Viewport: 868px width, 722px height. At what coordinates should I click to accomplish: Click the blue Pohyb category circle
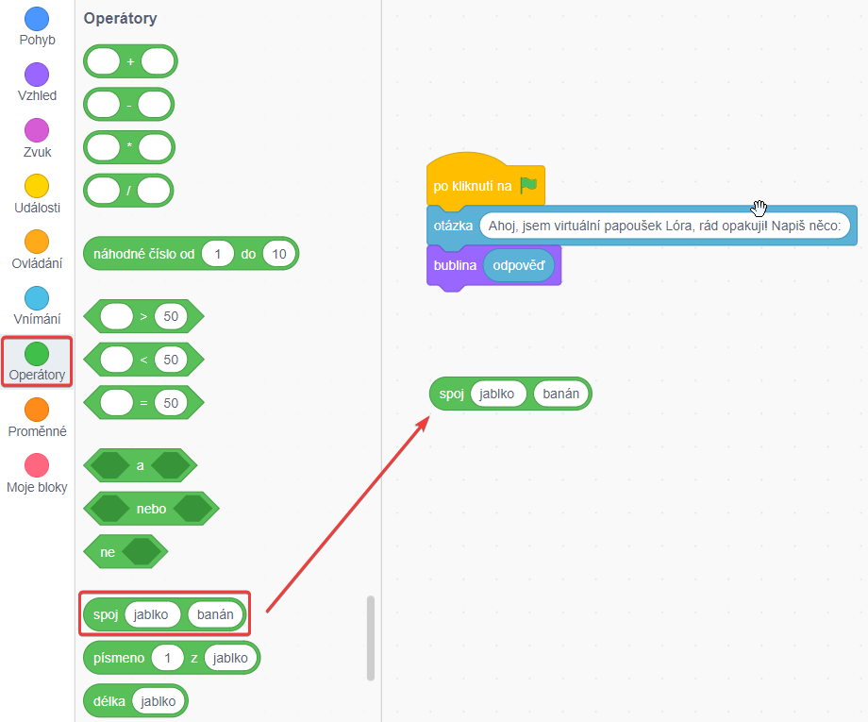(x=37, y=18)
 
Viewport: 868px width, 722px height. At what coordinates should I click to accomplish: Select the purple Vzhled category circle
(x=37, y=75)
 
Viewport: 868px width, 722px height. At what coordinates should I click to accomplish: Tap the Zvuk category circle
(x=37, y=130)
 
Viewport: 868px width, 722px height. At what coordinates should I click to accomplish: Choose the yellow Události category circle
(x=37, y=186)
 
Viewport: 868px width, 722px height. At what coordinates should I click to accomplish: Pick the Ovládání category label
(x=37, y=263)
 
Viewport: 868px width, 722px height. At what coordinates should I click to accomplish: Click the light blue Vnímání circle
(x=37, y=298)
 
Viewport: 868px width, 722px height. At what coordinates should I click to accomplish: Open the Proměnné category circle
(x=37, y=410)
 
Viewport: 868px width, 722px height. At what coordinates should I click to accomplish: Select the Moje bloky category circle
(x=37, y=465)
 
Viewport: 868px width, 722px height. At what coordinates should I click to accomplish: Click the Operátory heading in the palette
(x=120, y=19)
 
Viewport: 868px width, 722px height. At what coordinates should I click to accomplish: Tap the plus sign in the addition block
(x=130, y=61)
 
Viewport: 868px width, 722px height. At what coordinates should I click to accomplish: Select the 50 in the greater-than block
(x=170, y=316)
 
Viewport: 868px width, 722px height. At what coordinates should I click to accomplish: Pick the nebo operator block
(x=151, y=509)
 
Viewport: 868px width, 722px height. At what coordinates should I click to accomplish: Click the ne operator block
(x=108, y=552)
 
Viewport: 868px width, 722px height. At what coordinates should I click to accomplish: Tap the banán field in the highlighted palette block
(x=215, y=614)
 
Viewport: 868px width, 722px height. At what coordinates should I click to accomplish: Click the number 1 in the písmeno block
(x=167, y=658)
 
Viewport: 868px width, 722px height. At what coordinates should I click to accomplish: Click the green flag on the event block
(x=528, y=185)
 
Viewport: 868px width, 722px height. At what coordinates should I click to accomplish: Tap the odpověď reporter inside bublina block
(x=518, y=266)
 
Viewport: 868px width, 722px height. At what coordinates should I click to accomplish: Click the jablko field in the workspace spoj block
(x=501, y=394)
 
